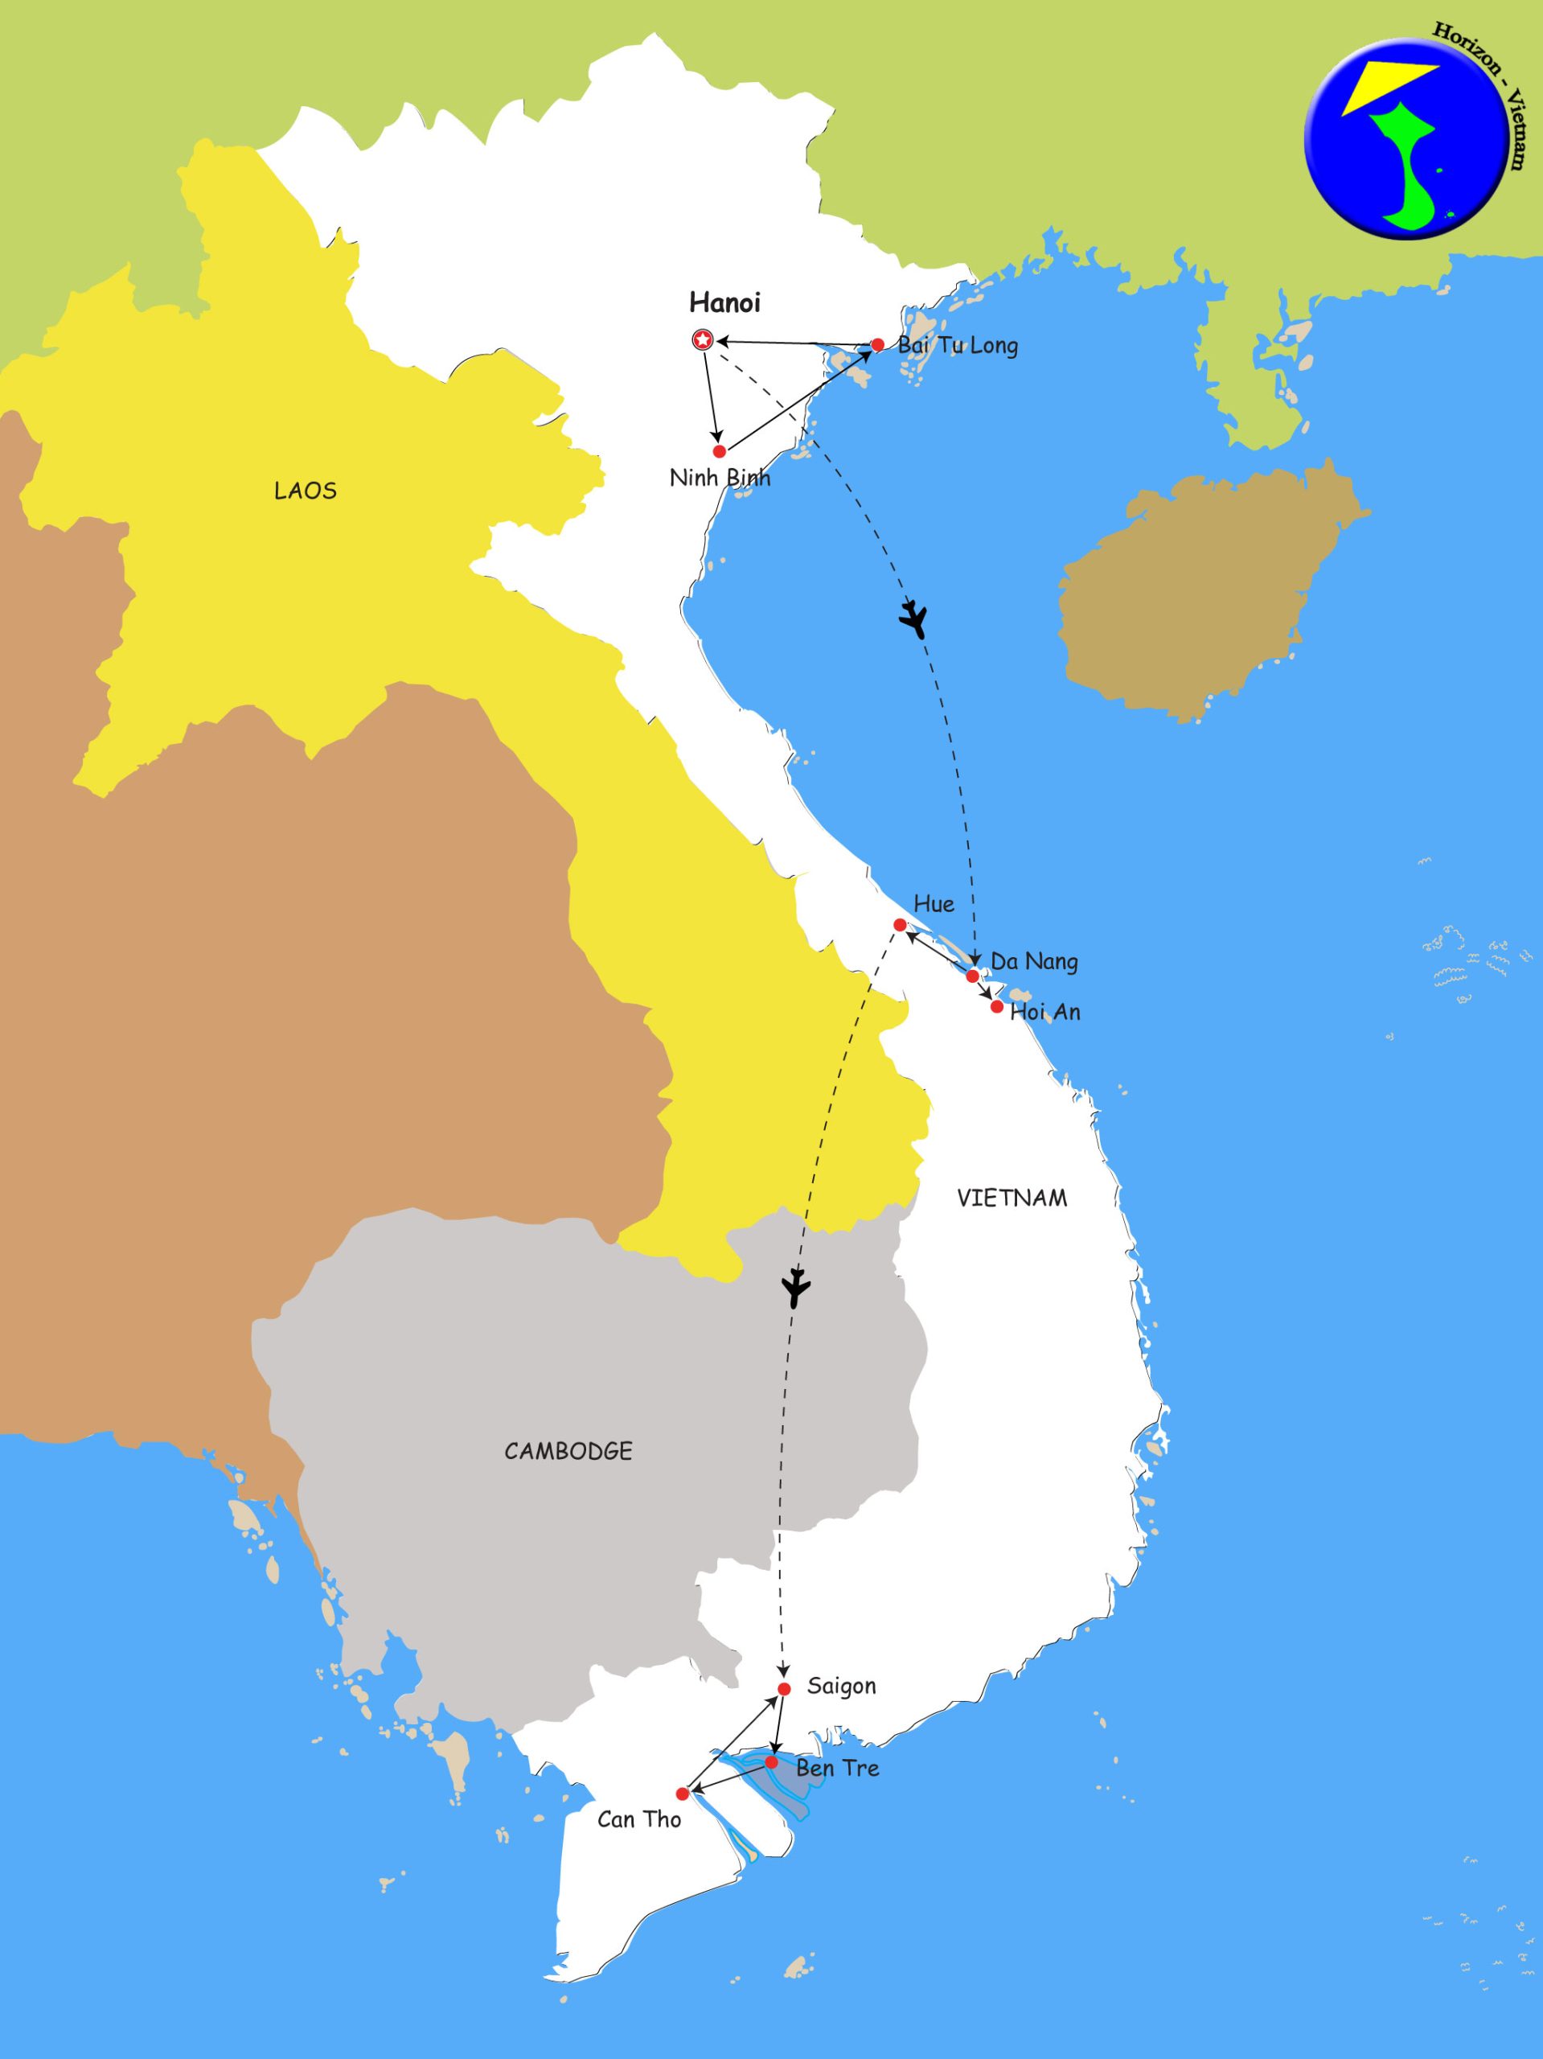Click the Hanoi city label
[724, 302]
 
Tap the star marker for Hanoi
[703, 341]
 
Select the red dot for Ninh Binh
[720, 451]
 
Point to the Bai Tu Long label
[957, 347]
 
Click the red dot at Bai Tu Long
[876, 345]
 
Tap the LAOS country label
[306, 491]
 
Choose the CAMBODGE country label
[568, 1450]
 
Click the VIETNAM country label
[1012, 1198]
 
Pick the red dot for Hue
[900, 924]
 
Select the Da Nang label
[1033, 962]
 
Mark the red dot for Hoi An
[997, 1007]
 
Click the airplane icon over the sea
[915, 619]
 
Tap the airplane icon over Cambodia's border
[796, 1289]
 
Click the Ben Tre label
[837, 1768]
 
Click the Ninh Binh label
[720, 479]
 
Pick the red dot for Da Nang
[973, 976]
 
